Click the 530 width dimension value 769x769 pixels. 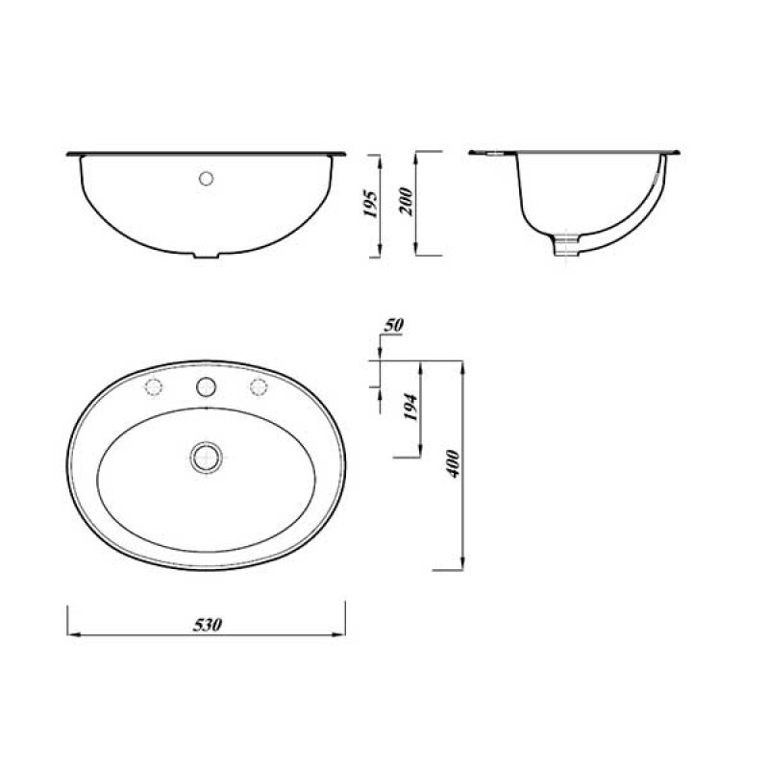208,625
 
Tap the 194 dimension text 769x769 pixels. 411,409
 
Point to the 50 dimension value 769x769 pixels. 392,326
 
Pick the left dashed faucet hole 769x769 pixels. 152,386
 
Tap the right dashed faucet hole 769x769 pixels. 258,386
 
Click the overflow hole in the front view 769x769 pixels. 205,178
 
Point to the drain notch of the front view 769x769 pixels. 206,255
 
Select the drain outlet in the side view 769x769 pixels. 569,246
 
